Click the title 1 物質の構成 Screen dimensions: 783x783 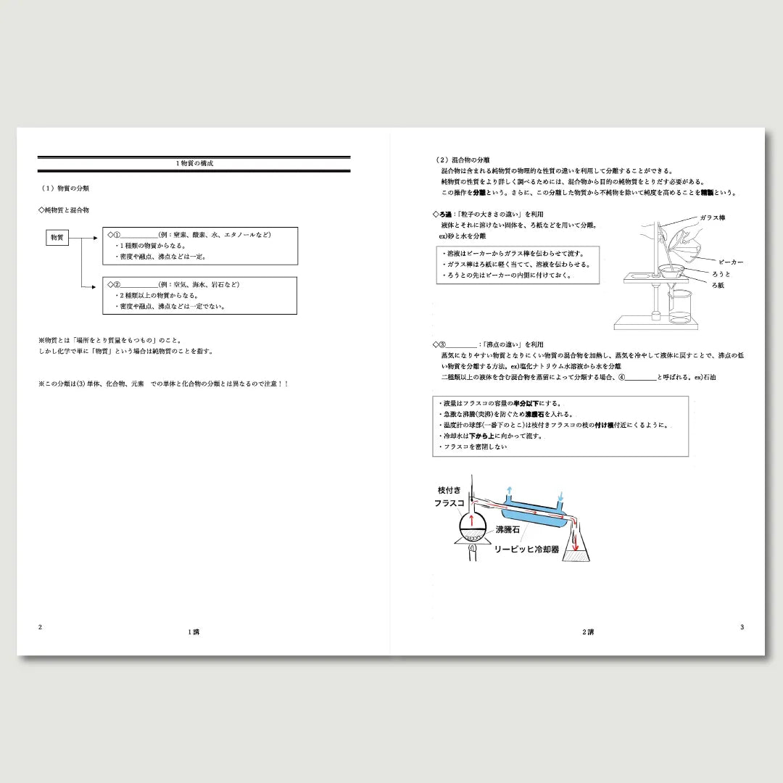click(x=194, y=164)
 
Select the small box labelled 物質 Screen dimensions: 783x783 click(x=57, y=238)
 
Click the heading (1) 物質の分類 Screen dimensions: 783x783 click(x=66, y=188)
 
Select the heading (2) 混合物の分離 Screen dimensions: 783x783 click(x=462, y=159)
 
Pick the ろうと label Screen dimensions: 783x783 click(x=721, y=274)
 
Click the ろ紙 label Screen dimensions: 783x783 click(x=718, y=286)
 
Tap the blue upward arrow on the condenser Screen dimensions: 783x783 click(x=508, y=493)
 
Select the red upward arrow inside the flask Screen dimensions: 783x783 click(x=473, y=521)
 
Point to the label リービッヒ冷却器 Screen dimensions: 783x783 click(x=526, y=550)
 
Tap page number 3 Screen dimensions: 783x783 click(x=742, y=627)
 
